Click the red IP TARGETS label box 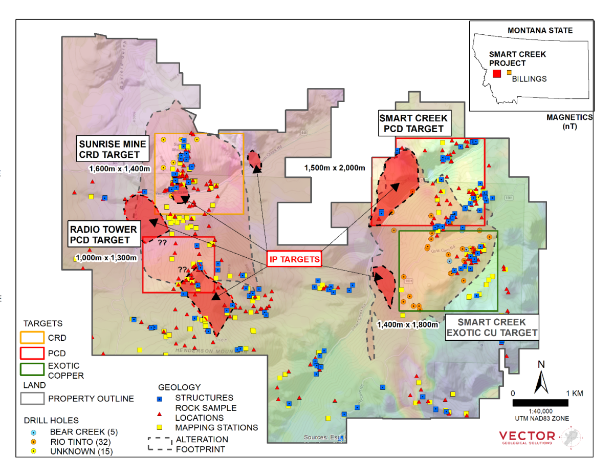click(x=295, y=259)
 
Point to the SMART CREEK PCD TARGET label click(x=413, y=123)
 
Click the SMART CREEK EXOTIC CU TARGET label click(x=492, y=327)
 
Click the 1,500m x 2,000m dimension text click(x=335, y=168)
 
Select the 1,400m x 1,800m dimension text click(x=408, y=324)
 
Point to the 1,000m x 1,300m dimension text click(x=106, y=258)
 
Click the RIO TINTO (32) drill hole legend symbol click(x=33, y=442)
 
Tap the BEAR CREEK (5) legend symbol click(x=33, y=432)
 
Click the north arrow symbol click(x=541, y=377)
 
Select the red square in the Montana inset click(x=496, y=74)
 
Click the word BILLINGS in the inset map click(x=530, y=79)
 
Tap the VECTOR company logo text click(x=527, y=436)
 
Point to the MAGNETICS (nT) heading click(x=569, y=121)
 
